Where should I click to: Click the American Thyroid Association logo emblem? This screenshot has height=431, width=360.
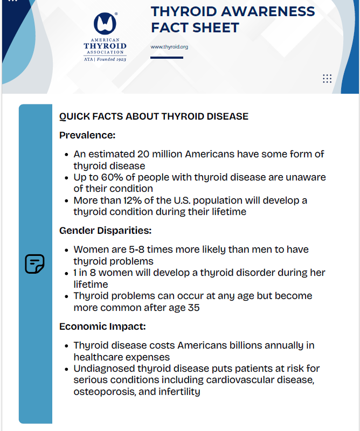pos(105,24)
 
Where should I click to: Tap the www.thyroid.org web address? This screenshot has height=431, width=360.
pos(169,47)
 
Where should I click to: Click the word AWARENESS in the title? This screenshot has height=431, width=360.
pos(271,11)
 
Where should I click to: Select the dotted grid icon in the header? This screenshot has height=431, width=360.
pos(327,79)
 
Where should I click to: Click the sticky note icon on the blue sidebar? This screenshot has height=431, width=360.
pos(35,263)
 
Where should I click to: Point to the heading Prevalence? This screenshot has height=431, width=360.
pos(87,135)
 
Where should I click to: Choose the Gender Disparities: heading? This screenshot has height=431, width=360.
pos(105,231)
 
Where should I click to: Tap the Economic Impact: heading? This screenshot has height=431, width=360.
pos(102,326)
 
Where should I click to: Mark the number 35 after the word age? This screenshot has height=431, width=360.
pos(193,308)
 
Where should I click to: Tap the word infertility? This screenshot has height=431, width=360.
pos(179,392)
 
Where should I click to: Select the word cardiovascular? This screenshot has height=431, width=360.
pos(238,380)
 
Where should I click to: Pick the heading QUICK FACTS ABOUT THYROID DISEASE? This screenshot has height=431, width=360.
pos(154,116)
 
